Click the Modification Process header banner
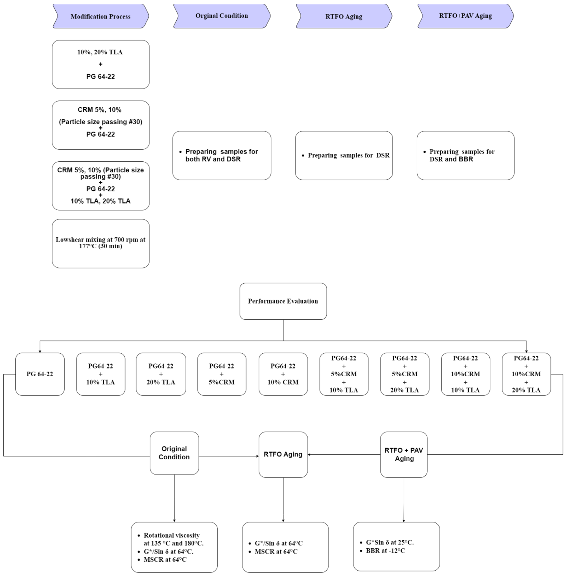[x=100, y=16]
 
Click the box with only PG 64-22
[x=40, y=374]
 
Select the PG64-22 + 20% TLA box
[x=161, y=374]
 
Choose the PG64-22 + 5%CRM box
[x=222, y=374]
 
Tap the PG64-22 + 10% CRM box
[x=283, y=374]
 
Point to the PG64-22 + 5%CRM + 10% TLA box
[x=344, y=374]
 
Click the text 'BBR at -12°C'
[x=385, y=551]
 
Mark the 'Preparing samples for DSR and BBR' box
[x=465, y=155]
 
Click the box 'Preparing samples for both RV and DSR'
[x=222, y=155]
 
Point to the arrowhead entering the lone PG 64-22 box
[x=40, y=351]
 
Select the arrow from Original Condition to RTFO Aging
[x=229, y=456]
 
